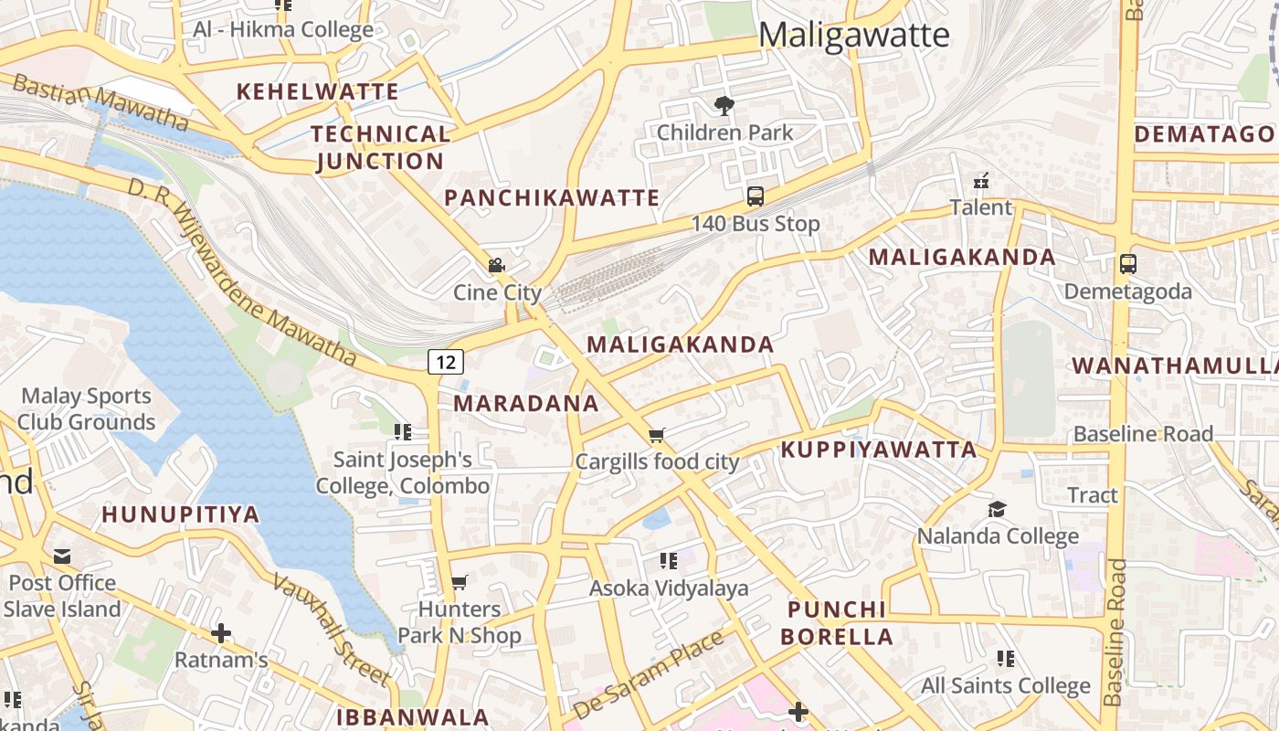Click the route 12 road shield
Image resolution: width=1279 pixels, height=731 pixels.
point(445,362)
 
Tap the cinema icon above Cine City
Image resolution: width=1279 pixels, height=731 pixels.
point(496,266)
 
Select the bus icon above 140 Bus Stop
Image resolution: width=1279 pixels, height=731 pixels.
point(756,196)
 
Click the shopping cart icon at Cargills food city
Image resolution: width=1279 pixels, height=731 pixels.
point(656,435)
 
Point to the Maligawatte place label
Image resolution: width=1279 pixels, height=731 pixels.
point(853,36)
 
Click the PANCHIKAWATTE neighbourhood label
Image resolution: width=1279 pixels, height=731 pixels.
point(552,198)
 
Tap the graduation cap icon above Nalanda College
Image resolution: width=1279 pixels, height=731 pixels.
point(997,509)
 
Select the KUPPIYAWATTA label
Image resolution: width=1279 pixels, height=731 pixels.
point(879,450)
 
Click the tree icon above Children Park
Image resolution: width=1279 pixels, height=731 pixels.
point(725,106)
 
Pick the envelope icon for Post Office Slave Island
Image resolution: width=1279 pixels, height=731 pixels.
point(62,556)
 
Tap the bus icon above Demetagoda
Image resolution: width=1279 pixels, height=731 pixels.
point(1128,264)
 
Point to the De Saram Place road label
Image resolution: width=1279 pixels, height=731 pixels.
point(649,674)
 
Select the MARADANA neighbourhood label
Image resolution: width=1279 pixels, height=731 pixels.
point(526,403)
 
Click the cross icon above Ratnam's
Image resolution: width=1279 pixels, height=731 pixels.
point(220,632)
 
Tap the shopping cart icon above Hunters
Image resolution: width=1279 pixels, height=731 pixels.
point(460,582)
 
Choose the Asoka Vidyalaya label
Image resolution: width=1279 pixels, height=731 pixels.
point(669,588)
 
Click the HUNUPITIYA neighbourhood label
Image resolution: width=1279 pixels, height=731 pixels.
point(181,514)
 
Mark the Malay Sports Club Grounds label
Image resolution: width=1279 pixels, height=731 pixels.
point(86,408)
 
